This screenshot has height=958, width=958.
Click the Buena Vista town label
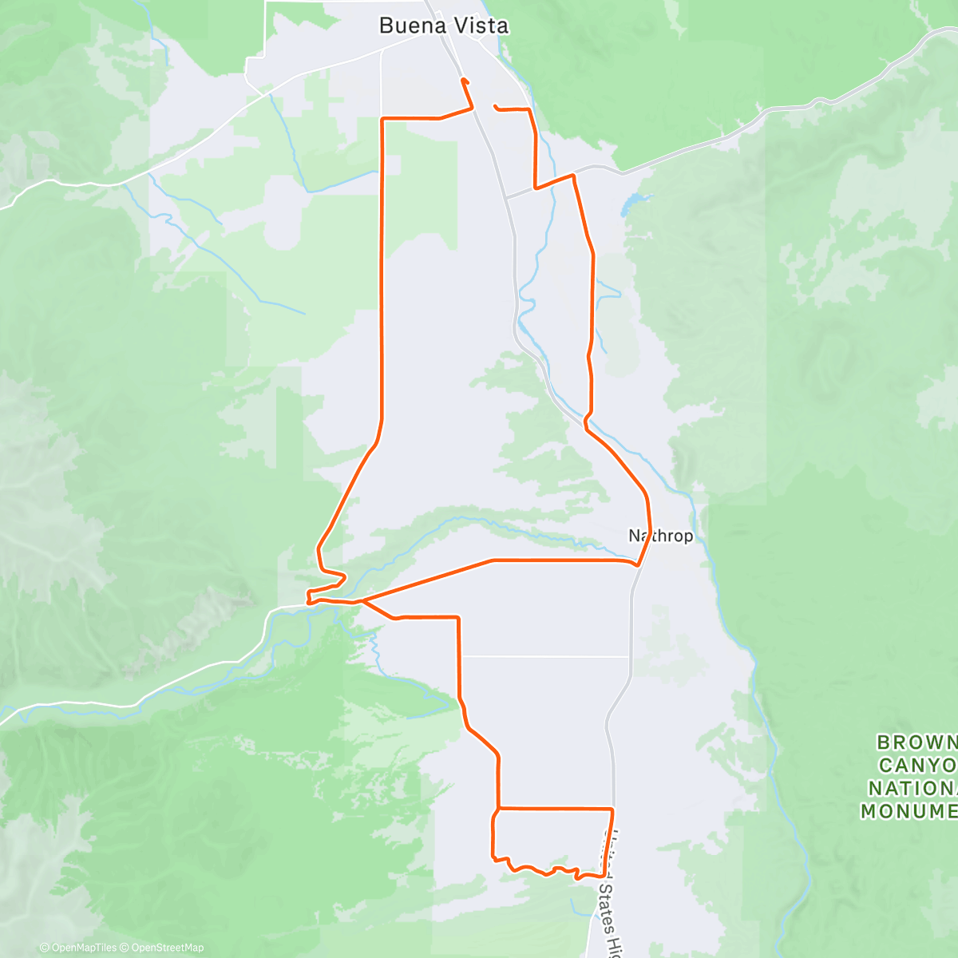(x=443, y=26)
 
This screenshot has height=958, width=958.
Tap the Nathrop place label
(x=661, y=536)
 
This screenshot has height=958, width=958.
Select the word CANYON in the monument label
(x=918, y=766)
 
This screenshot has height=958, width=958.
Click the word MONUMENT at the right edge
(x=909, y=812)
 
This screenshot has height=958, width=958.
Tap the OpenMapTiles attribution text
(x=82, y=948)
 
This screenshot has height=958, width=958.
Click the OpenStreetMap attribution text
(x=167, y=948)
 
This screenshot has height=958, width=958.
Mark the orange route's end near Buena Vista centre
(x=463, y=80)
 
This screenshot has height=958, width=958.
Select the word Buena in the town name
(x=408, y=26)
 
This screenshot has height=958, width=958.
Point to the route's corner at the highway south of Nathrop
(x=612, y=810)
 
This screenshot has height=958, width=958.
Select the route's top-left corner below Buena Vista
(x=383, y=119)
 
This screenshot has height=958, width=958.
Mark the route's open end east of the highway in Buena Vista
(x=496, y=106)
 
